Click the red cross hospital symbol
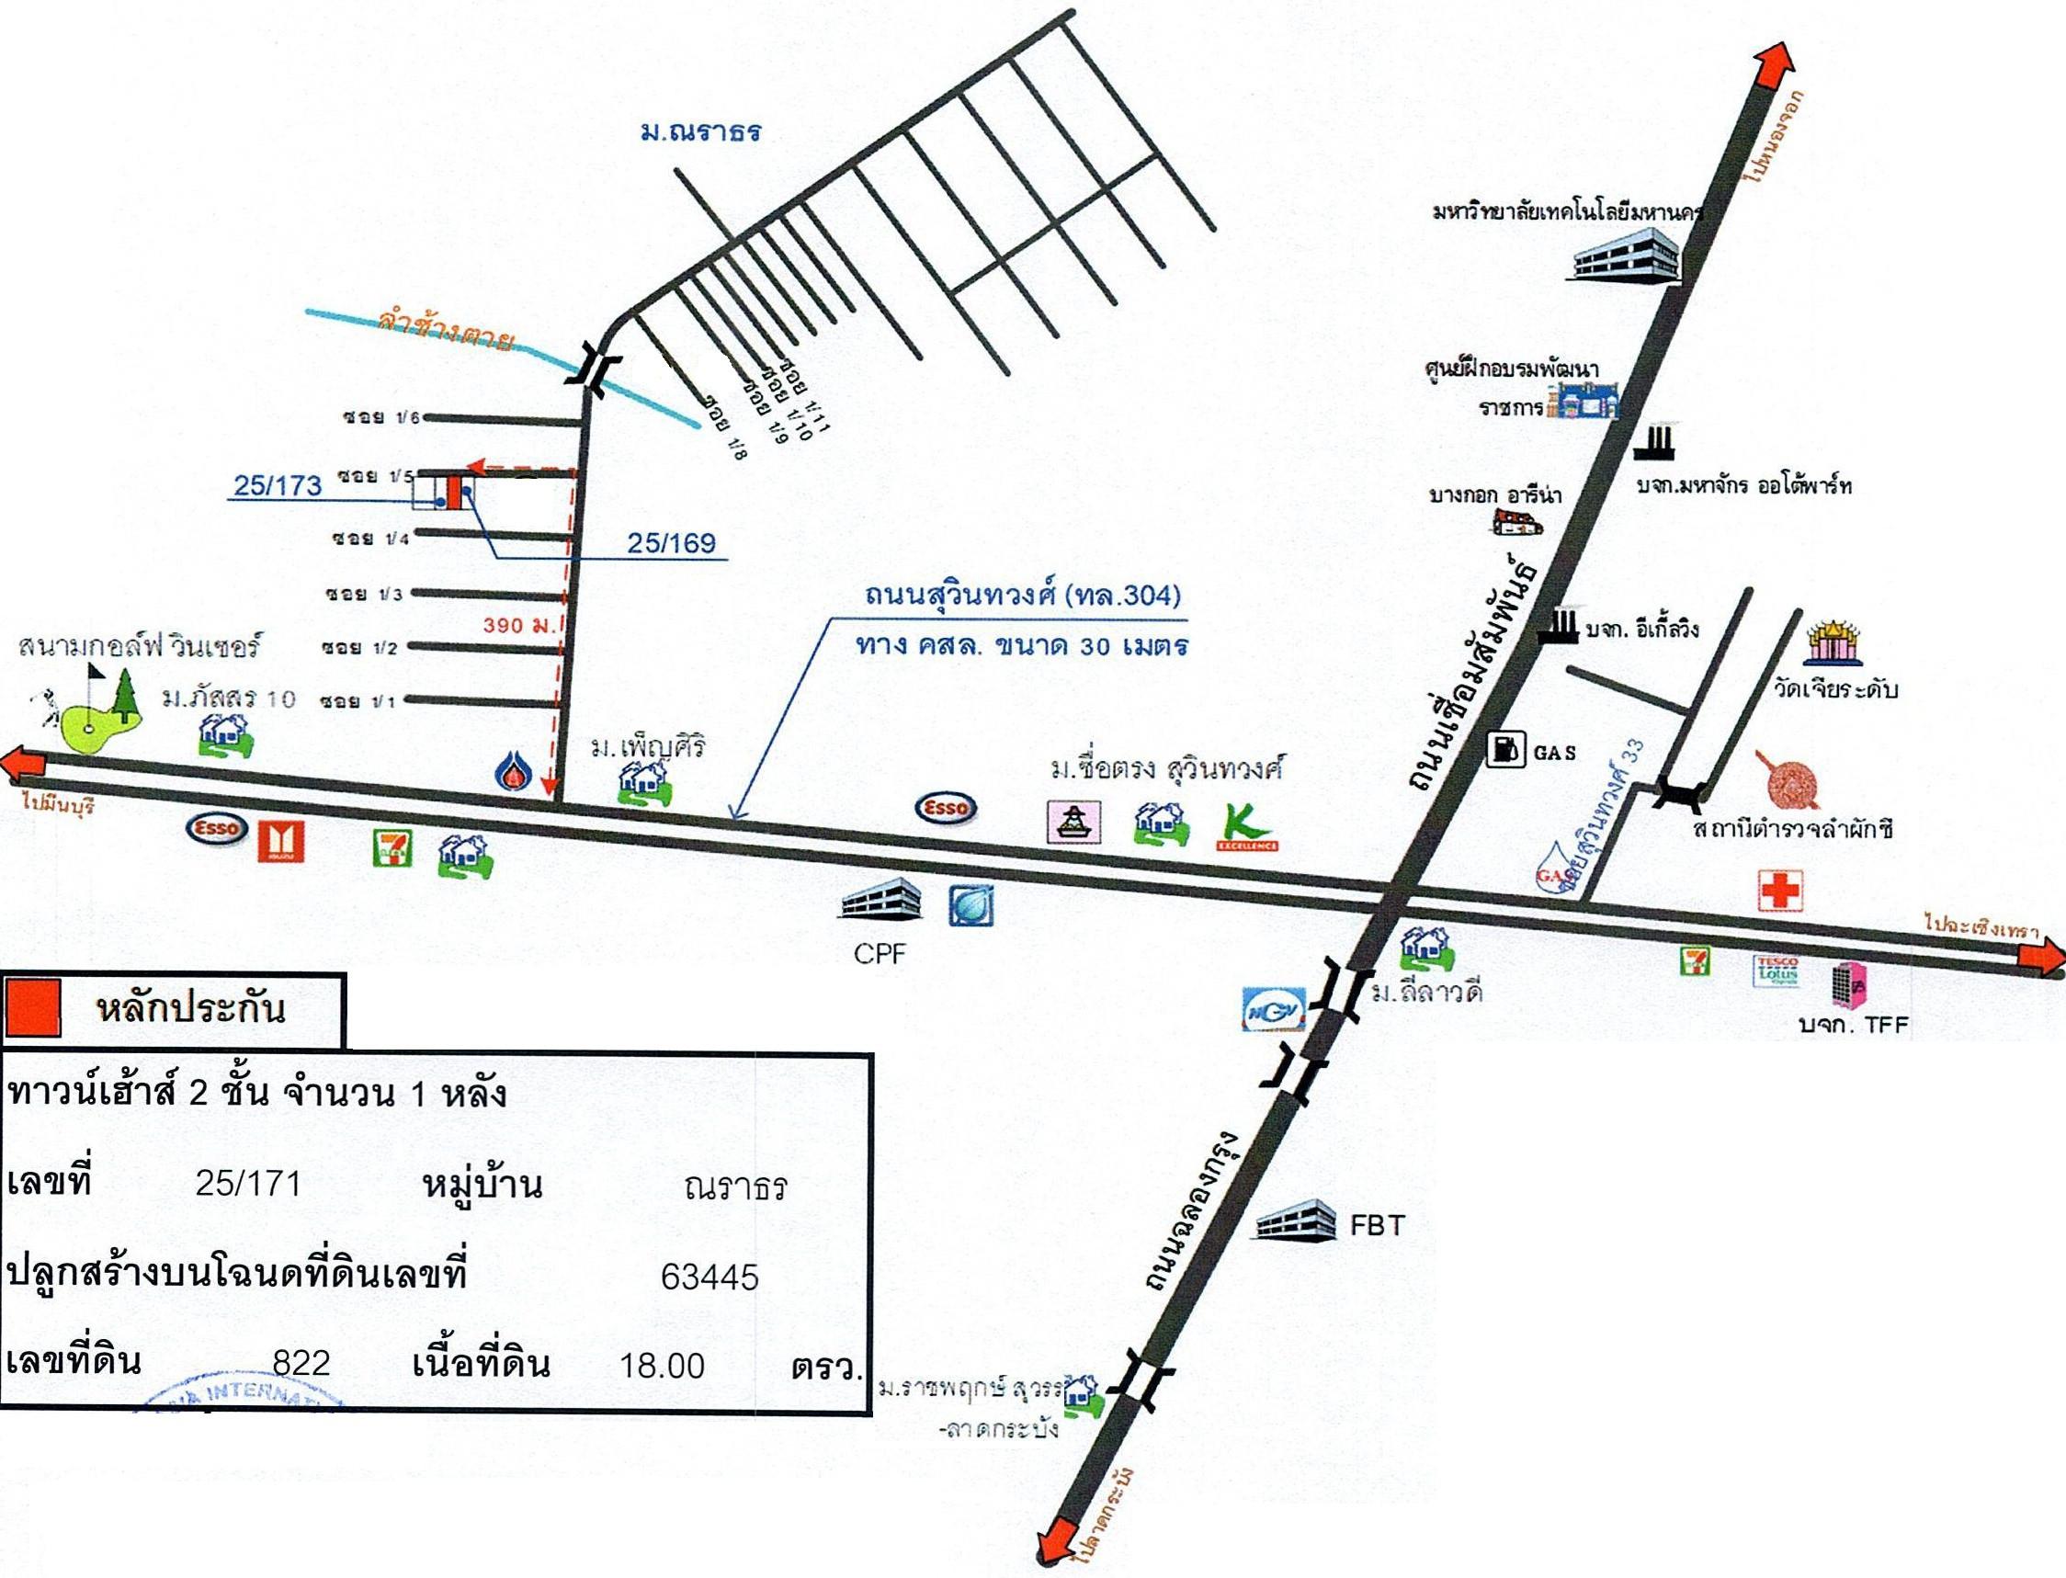point(1779,889)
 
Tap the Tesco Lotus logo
point(1776,971)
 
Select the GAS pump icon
point(1505,750)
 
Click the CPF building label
point(880,954)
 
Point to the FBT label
point(1377,1225)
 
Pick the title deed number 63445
point(709,1277)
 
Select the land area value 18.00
point(662,1365)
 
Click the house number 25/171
point(248,1184)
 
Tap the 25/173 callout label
point(277,484)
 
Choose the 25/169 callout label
point(671,542)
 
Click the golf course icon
point(94,714)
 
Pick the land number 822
point(301,1363)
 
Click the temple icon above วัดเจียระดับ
point(1833,643)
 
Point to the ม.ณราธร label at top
point(700,131)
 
